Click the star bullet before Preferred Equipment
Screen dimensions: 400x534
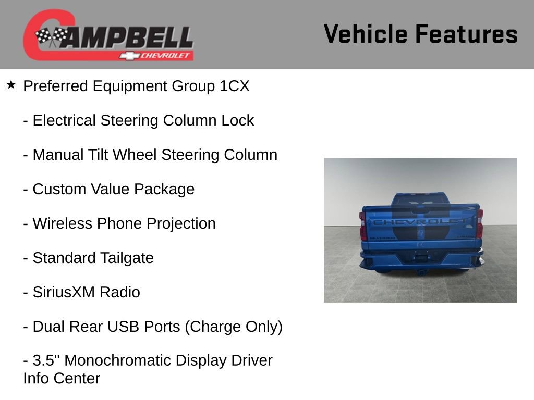point(11,84)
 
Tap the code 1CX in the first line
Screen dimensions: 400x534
point(234,86)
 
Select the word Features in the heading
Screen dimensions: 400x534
point(466,34)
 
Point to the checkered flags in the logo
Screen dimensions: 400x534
point(51,36)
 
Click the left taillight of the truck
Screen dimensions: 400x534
point(363,226)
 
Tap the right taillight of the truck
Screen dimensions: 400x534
point(479,224)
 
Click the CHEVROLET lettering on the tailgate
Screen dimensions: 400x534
point(420,222)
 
